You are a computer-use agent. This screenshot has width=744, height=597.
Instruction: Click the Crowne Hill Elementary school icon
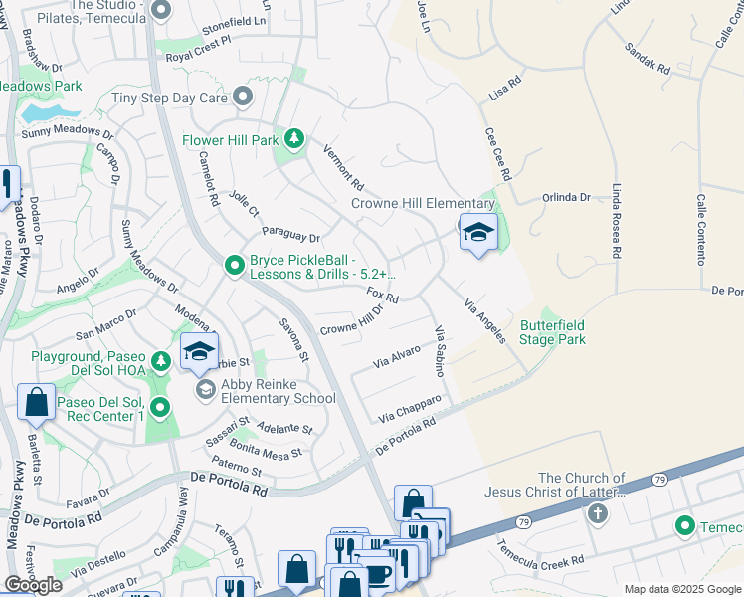click(478, 232)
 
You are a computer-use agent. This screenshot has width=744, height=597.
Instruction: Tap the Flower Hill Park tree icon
click(293, 139)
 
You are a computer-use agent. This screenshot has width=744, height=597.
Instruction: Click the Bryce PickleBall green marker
click(234, 265)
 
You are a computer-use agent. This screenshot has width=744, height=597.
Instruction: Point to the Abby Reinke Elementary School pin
click(205, 389)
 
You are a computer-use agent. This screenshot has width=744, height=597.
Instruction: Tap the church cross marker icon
click(597, 513)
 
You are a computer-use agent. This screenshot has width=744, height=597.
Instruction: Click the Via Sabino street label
click(438, 350)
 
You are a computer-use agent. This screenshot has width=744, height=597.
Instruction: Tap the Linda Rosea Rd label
click(618, 218)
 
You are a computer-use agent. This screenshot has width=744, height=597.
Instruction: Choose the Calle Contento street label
click(702, 230)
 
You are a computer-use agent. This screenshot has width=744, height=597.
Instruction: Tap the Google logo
click(34, 585)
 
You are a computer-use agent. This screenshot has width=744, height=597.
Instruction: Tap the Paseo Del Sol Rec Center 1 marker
click(159, 407)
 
